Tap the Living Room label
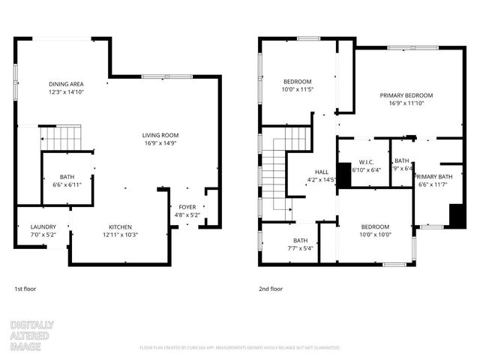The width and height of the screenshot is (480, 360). pos(160,139)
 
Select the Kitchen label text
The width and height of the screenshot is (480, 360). pos(120,231)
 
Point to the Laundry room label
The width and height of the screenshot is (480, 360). pos(43,231)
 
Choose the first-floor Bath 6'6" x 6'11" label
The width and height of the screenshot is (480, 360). pos(67,181)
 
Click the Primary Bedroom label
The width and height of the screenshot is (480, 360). pos(406,100)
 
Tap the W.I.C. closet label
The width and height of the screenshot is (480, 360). pos(367,166)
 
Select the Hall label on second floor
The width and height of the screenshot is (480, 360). pos(322,175)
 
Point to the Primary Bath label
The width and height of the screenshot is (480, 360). pos(435,181)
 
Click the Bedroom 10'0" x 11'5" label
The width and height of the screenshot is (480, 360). pos(297,85)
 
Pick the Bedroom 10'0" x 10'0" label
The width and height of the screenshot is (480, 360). pos(375,231)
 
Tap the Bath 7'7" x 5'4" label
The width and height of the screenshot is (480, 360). pos(300,244)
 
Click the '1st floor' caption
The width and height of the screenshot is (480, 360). pos(25,289)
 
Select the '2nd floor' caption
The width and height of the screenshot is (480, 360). pos(271,289)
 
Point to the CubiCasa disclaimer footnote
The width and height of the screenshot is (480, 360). pos(240,348)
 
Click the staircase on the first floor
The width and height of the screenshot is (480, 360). pos(60,138)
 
